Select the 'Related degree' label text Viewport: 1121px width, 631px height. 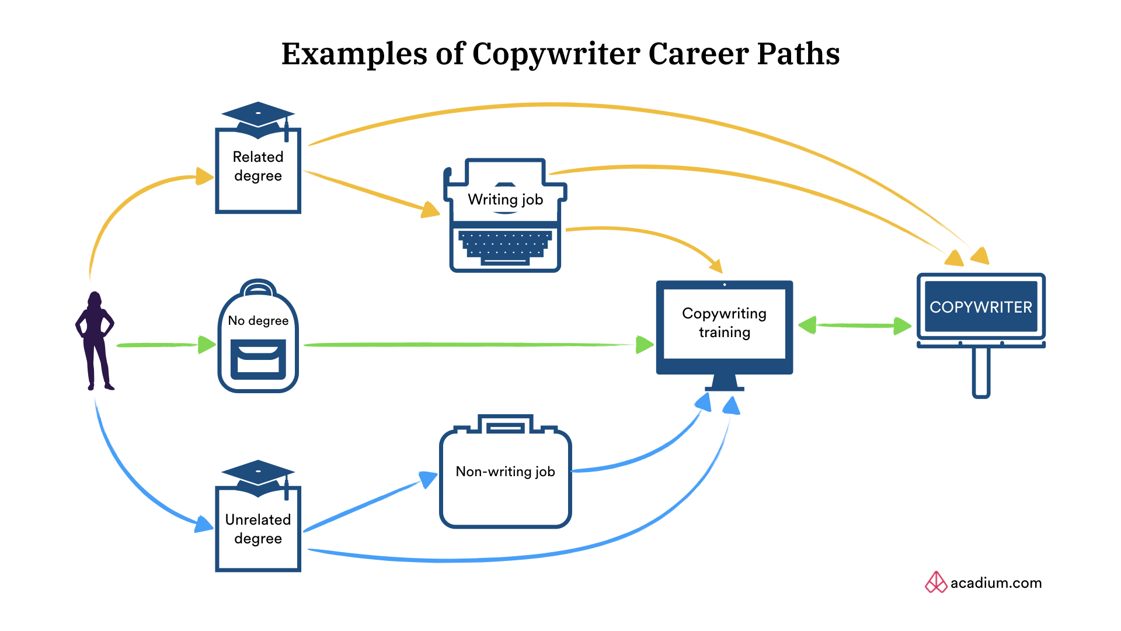[x=258, y=167]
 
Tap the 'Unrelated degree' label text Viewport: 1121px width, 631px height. [x=258, y=529]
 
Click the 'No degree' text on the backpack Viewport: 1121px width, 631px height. [x=258, y=321]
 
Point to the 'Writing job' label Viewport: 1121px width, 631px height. [x=505, y=200]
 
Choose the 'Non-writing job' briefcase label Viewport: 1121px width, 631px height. [x=505, y=471]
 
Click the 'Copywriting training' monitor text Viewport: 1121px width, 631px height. [x=724, y=323]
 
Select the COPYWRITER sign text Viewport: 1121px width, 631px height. [x=981, y=307]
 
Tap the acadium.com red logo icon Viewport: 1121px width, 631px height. [x=936, y=583]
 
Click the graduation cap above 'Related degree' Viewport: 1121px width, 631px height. [x=257, y=117]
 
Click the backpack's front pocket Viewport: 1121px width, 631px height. [x=258, y=359]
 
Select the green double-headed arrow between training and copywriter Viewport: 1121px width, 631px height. [x=855, y=325]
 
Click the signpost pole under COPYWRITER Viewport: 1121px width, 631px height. [x=981, y=372]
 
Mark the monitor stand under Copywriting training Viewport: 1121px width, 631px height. [x=724, y=383]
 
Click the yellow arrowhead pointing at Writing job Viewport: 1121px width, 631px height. [x=430, y=210]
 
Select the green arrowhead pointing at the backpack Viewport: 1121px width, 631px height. [x=206, y=345]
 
